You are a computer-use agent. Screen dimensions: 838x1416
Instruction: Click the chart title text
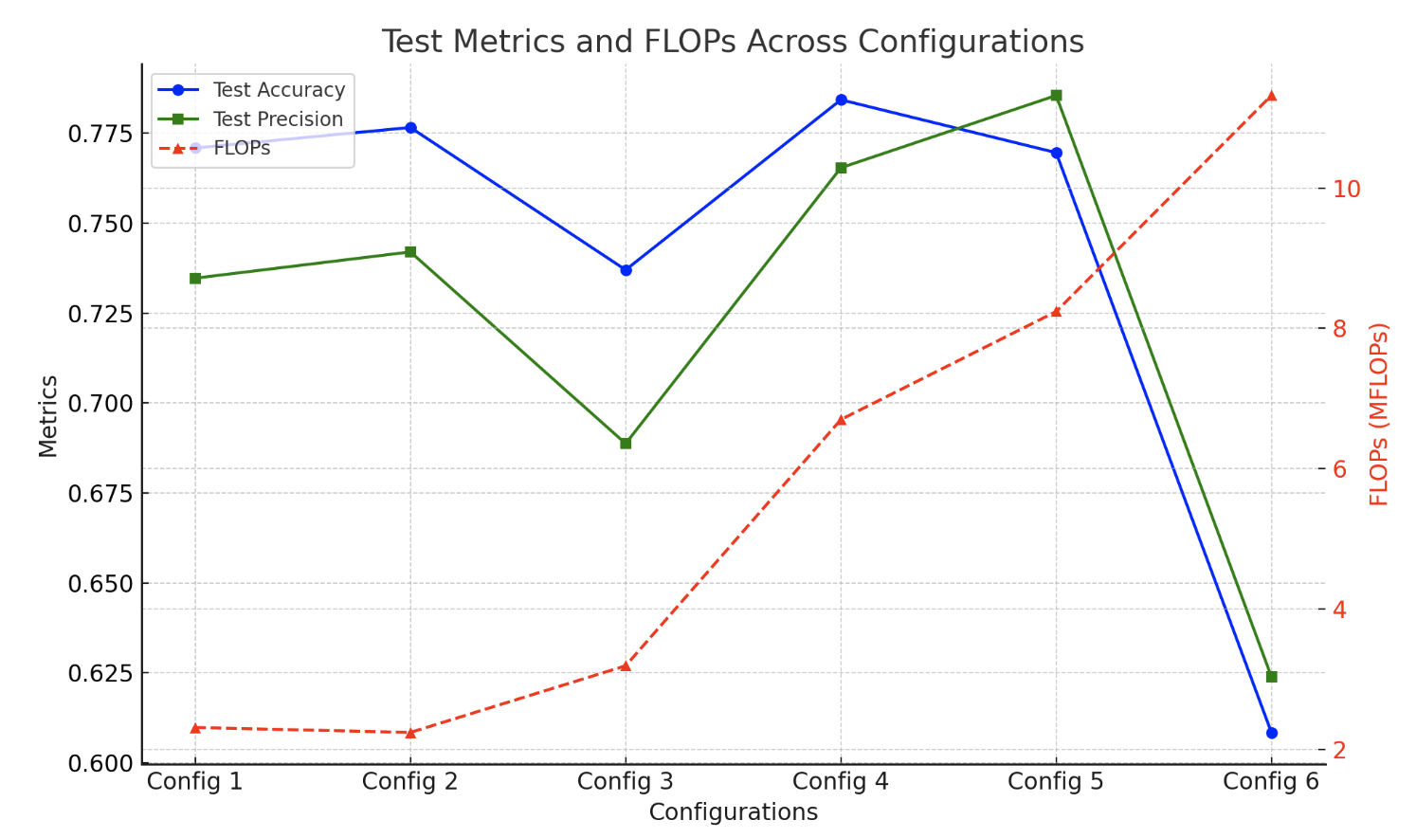732,42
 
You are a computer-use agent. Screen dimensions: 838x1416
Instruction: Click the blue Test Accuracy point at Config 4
841,100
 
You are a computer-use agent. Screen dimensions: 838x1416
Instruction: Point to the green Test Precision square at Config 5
1056,96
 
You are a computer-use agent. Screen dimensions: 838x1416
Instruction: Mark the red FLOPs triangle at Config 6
1271,96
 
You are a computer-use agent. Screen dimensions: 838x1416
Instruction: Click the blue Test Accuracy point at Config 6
1271,733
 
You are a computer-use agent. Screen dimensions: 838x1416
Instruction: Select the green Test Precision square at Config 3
626,443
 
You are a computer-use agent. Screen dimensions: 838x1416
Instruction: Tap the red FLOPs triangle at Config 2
410,733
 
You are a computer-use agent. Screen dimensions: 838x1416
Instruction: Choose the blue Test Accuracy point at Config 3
626,270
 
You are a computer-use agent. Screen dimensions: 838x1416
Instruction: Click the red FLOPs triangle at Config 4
841,420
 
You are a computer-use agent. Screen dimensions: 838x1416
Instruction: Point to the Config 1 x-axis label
195,782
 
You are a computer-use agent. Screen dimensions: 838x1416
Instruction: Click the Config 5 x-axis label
1056,782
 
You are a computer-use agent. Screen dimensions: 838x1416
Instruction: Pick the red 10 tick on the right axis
1346,189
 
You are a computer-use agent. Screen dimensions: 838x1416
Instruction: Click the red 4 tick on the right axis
1339,610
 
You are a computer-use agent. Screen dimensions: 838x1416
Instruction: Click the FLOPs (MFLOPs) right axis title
1379,414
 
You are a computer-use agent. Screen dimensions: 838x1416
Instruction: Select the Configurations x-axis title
733,812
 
